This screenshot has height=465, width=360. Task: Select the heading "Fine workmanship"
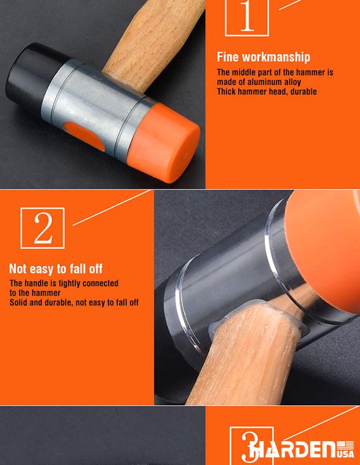click(264, 57)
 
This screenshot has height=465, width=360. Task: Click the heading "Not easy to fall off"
click(56, 269)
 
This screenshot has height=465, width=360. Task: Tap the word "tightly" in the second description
click(70, 284)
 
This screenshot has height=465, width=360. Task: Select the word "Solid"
click(19, 302)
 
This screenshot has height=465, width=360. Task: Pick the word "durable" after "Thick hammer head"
click(304, 92)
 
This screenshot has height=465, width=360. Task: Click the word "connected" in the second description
click(100, 284)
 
